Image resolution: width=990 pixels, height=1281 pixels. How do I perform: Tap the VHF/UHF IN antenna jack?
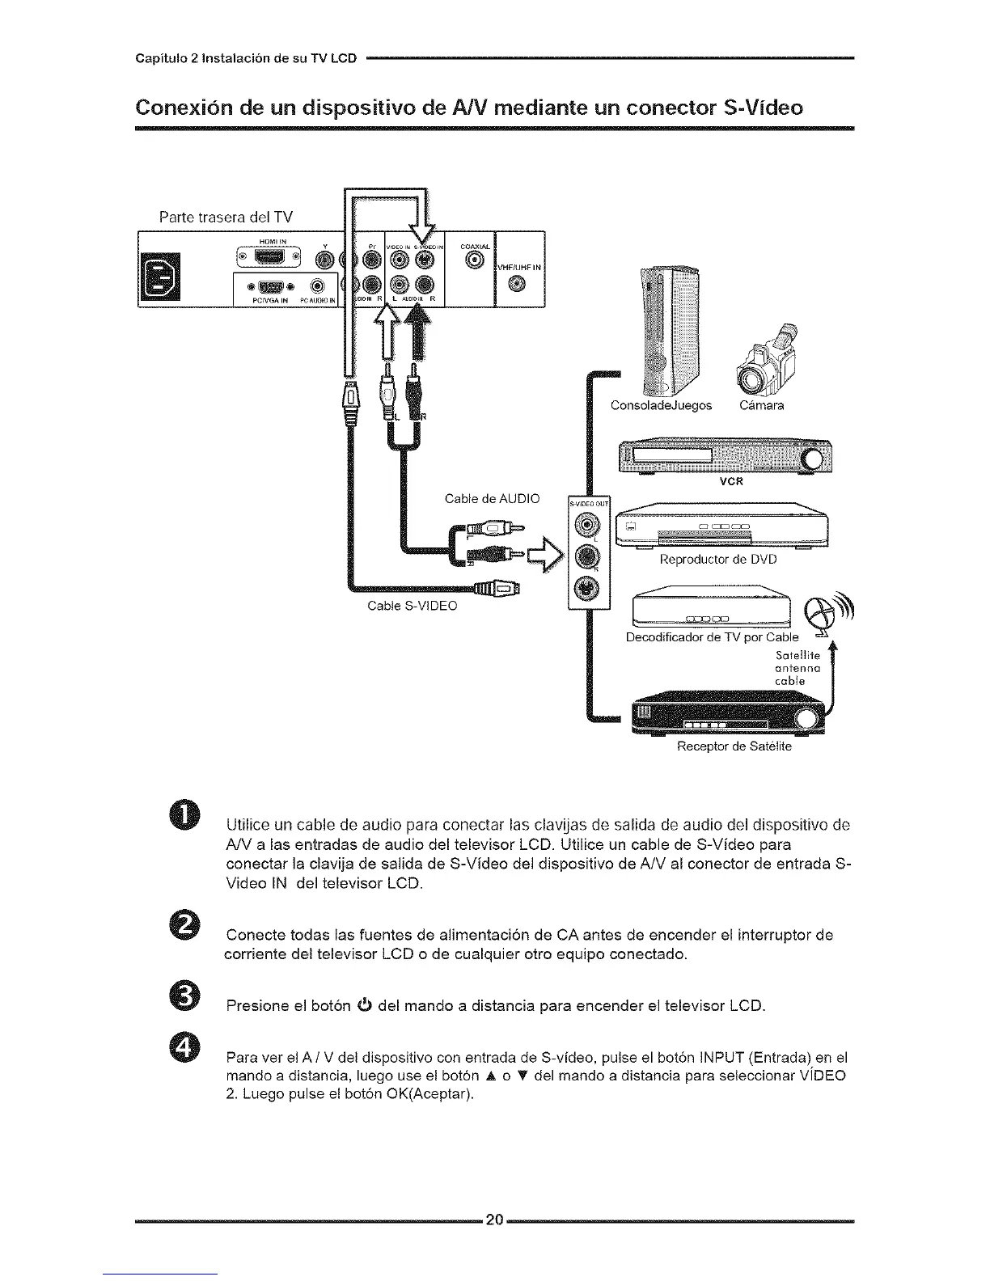(520, 282)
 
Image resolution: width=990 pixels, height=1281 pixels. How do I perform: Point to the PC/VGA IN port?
(268, 286)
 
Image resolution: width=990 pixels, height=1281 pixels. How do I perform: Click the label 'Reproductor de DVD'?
(718, 559)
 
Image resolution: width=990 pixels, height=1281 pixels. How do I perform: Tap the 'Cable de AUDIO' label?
(492, 498)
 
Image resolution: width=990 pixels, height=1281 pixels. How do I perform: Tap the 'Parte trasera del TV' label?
(226, 216)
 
